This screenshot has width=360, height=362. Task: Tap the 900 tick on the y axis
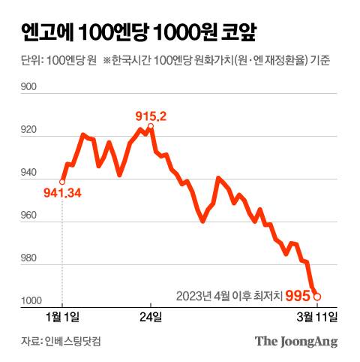30,89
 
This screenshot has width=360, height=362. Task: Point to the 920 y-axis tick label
30,131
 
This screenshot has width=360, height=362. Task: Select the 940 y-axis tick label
30,173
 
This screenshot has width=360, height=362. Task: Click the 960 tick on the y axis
30,216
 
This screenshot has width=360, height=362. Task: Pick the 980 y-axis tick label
30,259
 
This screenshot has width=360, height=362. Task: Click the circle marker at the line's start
61,181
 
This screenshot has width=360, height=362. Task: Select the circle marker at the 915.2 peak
151,127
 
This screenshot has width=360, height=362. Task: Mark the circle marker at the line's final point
318,296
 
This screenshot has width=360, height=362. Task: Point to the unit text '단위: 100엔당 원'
55,60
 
